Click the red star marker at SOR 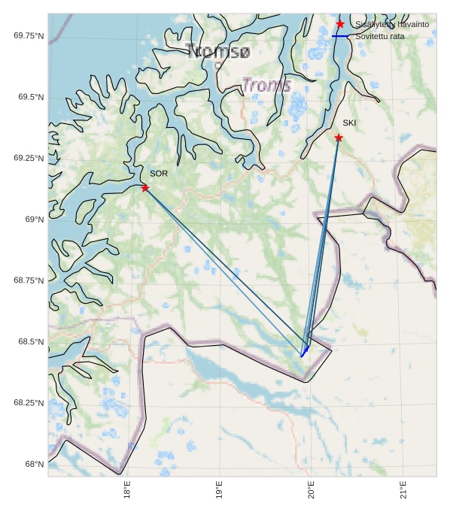(x=145, y=188)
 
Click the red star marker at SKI (x=339, y=138)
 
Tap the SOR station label (x=159, y=174)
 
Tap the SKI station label (x=350, y=123)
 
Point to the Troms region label (x=266, y=85)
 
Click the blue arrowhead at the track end (x=305, y=351)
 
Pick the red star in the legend (x=341, y=24)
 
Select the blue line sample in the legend (x=341, y=36)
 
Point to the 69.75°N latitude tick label (x=29, y=35)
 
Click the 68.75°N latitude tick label (x=29, y=280)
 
